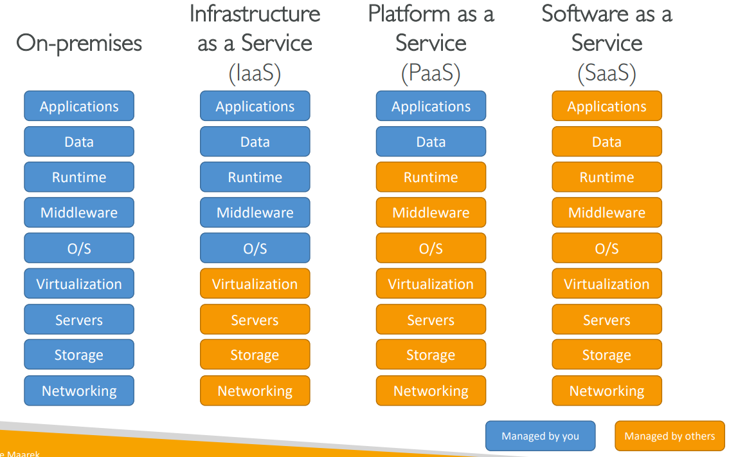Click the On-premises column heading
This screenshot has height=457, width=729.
[79, 44]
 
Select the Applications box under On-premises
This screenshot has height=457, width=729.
[79, 106]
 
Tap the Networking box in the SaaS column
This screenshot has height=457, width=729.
[607, 391]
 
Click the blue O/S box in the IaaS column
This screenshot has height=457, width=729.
[255, 248]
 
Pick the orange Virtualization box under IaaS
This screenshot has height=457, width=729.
[255, 284]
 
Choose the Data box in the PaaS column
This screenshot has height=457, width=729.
[431, 142]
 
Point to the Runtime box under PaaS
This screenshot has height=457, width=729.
[431, 177]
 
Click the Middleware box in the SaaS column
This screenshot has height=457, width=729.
[607, 212]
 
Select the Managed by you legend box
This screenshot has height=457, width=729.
[540, 436]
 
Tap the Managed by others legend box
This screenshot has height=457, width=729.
[669, 436]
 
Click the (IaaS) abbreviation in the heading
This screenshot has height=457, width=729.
[255, 74]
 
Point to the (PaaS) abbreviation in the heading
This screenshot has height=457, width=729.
[431, 74]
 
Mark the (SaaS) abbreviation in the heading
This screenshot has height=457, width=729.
[607, 74]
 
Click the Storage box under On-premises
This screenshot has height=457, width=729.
[79, 355]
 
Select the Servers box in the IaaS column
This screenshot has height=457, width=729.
[255, 320]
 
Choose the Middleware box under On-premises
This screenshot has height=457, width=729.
[79, 212]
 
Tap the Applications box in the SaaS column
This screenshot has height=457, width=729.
[607, 106]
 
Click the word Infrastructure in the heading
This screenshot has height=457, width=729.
[255, 14]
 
